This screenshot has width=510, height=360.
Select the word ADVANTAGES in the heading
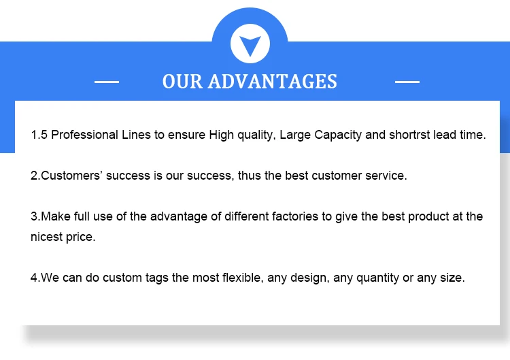(273, 82)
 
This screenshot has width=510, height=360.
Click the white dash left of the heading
(107, 82)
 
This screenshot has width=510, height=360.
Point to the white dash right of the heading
(407, 82)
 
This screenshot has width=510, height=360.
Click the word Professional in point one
(84, 135)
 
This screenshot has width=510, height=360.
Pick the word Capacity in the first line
(338, 135)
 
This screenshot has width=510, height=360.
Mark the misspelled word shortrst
(409, 135)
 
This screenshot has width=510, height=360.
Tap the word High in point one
(221, 135)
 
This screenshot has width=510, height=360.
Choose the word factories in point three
(295, 216)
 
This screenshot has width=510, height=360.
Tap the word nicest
(46, 237)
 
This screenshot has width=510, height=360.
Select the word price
(81, 238)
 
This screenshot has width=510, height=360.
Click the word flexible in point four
(243, 278)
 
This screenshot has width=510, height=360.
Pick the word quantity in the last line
(377, 278)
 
